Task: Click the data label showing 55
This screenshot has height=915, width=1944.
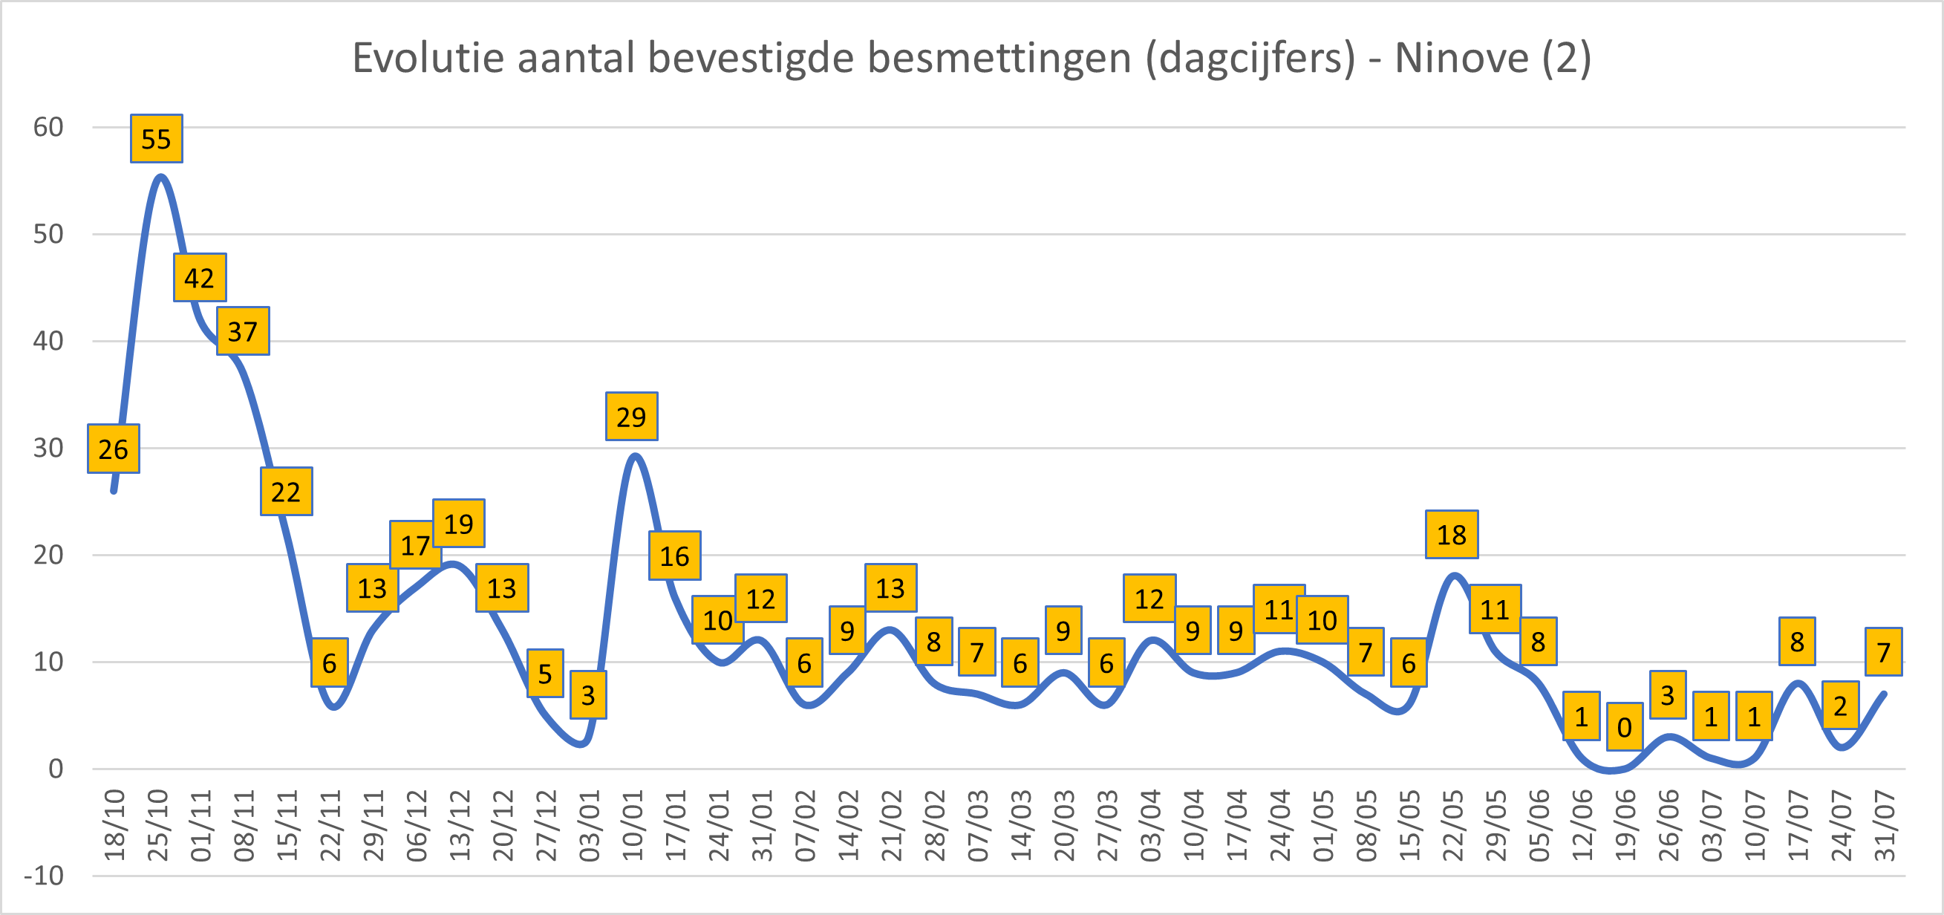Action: tap(156, 139)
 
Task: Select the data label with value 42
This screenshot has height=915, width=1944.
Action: tap(199, 278)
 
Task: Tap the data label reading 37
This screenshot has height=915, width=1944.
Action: tap(242, 331)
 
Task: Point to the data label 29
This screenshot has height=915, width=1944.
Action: tap(631, 417)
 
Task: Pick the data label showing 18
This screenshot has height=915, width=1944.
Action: tap(1451, 535)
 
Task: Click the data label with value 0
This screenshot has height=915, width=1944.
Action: tap(1624, 727)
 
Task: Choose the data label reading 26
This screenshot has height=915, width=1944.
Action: tap(113, 449)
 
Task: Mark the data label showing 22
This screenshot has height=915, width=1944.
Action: tap(286, 492)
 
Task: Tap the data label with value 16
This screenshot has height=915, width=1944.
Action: tap(674, 556)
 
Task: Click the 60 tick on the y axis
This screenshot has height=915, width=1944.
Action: tap(48, 127)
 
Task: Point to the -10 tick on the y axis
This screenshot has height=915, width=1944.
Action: tap(44, 876)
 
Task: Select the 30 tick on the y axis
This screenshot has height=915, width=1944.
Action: tap(48, 448)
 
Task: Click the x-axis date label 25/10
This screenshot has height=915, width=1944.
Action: tap(157, 825)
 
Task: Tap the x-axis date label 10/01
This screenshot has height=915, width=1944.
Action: tap(633, 825)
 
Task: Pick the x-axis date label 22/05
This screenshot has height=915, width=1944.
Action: tap(1452, 825)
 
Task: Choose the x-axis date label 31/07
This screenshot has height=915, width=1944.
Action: tap(1885, 825)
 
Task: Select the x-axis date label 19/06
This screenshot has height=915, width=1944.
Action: tap(1625, 825)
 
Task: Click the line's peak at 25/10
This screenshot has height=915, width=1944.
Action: tap(160, 177)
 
